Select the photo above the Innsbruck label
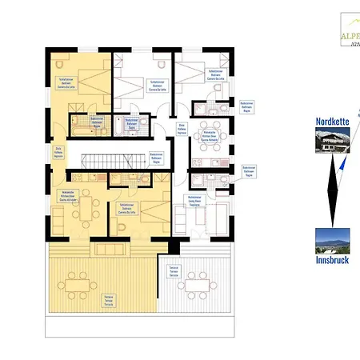(x=331, y=239)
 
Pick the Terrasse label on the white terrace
(x=173, y=271)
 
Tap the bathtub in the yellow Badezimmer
(x=82, y=126)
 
